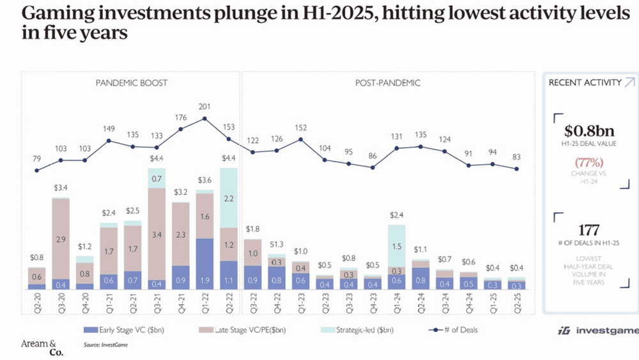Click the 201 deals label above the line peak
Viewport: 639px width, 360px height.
pyautogui.click(x=204, y=106)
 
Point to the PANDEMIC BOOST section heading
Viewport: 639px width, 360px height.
pyautogui.click(x=132, y=83)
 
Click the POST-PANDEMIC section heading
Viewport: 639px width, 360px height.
pyautogui.click(x=388, y=83)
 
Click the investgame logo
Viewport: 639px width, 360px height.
pyautogui.click(x=594, y=330)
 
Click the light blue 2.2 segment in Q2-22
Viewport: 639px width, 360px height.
pyautogui.click(x=229, y=198)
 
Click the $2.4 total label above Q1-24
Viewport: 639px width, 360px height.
pyautogui.click(x=396, y=215)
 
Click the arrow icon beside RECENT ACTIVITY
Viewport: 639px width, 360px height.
pyautogui.click(x=629, y=82)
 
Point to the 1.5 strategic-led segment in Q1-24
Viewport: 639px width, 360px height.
pyautogui.click(x=396, y=246)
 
